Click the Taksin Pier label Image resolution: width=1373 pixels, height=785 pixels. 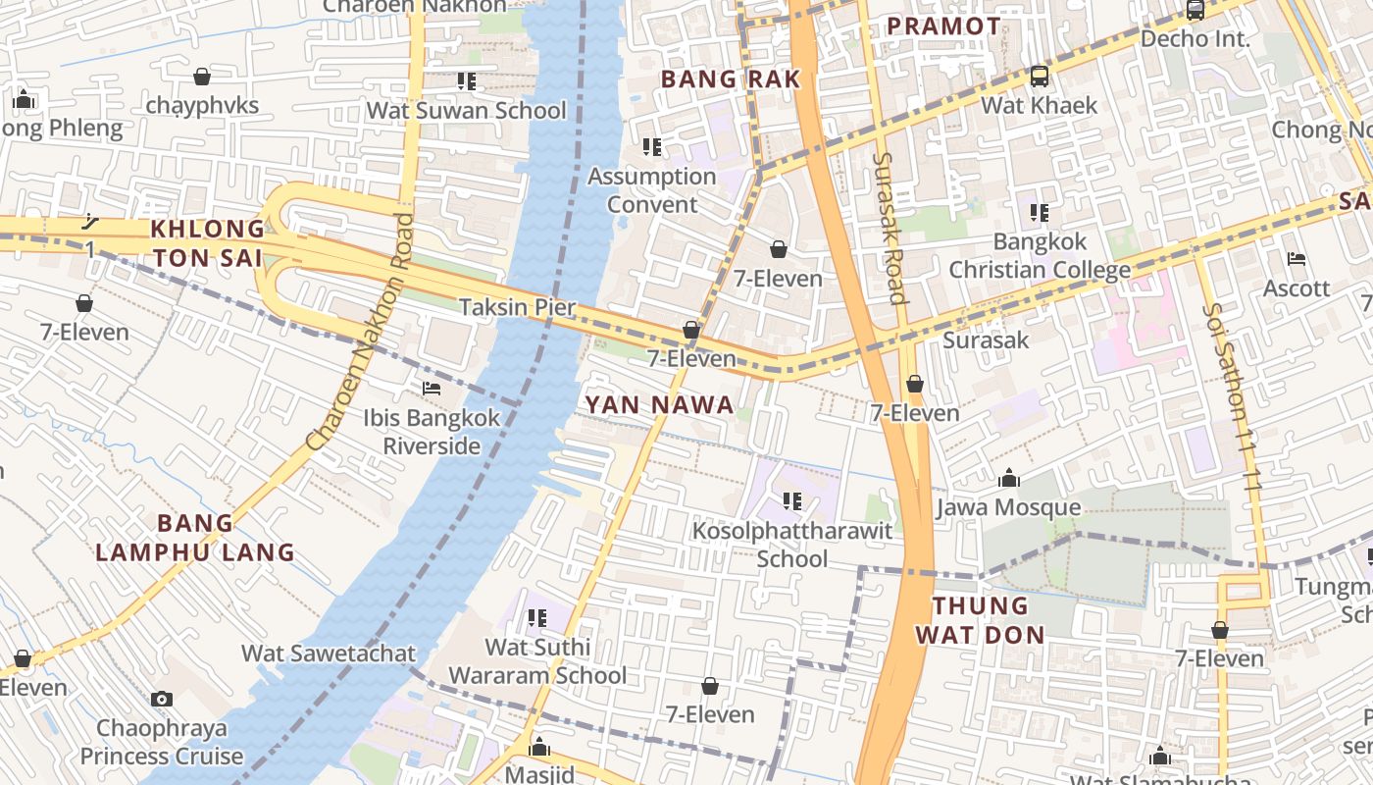click(x=518, y=307)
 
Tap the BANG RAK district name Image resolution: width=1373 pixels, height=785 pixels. click(x=731, y=79)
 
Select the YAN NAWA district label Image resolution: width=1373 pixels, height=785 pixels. click(x=659, y=404)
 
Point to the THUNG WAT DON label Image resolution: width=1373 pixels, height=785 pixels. click(x=980, y=620)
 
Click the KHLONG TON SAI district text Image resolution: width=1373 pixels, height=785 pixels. click(x=207, y=243)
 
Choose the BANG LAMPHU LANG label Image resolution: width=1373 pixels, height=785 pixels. click(x=195, y=537)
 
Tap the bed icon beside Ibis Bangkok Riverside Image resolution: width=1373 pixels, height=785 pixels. click(x=431, y=389)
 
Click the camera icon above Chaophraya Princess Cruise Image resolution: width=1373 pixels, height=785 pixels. click(x=162, y=700)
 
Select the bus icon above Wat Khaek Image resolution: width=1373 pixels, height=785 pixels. click(x=1039, y=77)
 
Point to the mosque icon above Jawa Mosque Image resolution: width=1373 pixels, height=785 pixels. click(x=1008, y=479)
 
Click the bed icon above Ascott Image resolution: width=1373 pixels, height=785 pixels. click(x=1297, y=260)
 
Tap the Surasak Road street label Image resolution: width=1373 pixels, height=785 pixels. click(x=888, y=227)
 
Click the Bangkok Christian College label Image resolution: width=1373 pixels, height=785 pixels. click(x=1040, y=255)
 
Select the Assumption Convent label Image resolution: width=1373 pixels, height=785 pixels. click(x=652, y=190)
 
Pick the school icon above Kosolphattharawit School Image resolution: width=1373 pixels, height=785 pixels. click(x=792, y=502)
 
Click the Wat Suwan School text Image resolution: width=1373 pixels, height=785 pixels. click(x=467, y=110)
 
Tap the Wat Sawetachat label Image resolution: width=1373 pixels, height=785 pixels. click(x=329, y=653)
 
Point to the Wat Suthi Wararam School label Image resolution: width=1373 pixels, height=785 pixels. click(x=537, y=661)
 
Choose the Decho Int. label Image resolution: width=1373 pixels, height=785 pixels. click(x=1195, y=39)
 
